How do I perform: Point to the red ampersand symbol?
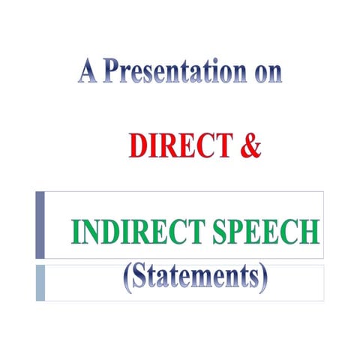251,145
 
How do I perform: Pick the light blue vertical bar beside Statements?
40,282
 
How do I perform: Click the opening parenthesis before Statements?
127,280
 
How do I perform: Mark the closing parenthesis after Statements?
262,280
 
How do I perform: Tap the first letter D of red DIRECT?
137,145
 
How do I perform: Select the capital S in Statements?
140,278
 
